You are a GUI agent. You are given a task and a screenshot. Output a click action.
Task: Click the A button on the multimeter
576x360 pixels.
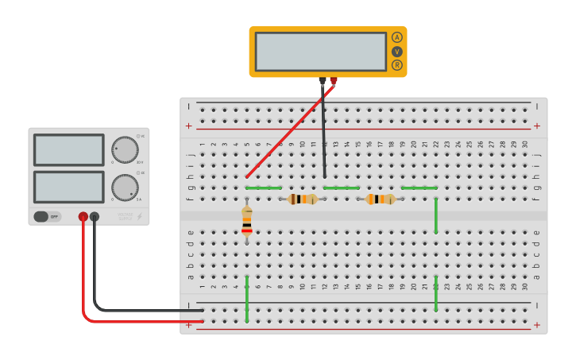click(396, 37)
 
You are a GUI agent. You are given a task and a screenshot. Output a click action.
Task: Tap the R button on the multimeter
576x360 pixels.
click(396, 65)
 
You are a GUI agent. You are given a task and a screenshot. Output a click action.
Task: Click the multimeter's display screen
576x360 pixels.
click(321, 51)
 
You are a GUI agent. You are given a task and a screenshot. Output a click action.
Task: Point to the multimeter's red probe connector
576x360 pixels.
click(334, 80)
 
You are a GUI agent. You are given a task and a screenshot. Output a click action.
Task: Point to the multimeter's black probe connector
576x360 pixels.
click(323, 80)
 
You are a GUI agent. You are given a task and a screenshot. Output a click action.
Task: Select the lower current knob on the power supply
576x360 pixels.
click(125, 188)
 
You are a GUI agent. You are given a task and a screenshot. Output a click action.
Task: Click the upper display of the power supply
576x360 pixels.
click(69, 149)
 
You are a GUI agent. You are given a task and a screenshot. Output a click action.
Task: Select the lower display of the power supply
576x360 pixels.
click(69, 187)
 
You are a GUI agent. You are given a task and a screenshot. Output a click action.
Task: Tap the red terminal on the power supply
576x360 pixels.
click(83, 216)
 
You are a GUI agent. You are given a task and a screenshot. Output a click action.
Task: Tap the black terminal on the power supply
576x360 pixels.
click(95, 216)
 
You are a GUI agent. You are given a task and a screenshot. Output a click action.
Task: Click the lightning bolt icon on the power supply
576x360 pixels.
click(140, 216)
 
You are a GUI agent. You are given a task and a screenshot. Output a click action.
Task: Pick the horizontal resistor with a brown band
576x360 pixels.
click(303, 199)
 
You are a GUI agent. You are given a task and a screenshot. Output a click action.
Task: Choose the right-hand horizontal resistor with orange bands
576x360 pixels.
click(381, 199)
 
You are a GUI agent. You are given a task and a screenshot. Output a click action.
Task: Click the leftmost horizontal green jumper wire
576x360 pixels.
click(264, 188)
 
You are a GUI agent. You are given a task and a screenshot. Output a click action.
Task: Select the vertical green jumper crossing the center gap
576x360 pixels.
click(436, 215)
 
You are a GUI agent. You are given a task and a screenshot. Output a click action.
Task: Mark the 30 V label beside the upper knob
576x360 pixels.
click(140, 162)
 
